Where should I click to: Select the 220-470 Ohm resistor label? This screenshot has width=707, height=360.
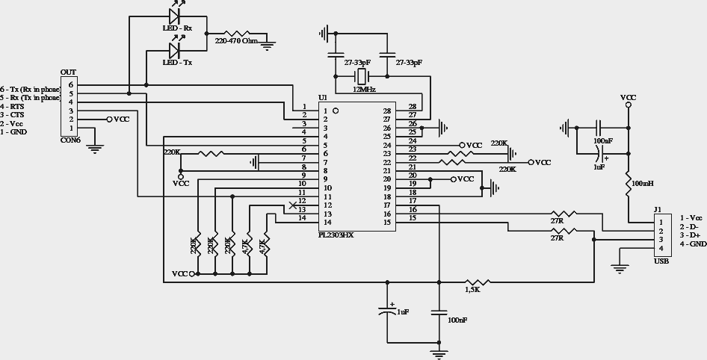pyautogui.click(x=236, y=41)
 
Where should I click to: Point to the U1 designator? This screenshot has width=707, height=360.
pyautogui.click(x=322, y=98)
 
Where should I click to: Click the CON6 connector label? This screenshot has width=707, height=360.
pyautogui.click(x=70, y=140)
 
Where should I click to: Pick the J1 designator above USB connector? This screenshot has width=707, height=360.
pyautogui.click(x=657, y=210)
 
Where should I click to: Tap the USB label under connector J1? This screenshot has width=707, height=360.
pyautogui.click(x=661, y=261)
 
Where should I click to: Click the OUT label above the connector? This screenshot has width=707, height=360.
pyautogui.click(x=68, y=72)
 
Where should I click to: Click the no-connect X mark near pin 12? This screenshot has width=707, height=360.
pyautogui.click(x=292, y=205)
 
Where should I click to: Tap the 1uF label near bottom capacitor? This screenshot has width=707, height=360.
pyautogui.click(x=402, y=311)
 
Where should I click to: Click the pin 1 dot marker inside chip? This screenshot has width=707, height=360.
pyautogui.click(x=336, y=111)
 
